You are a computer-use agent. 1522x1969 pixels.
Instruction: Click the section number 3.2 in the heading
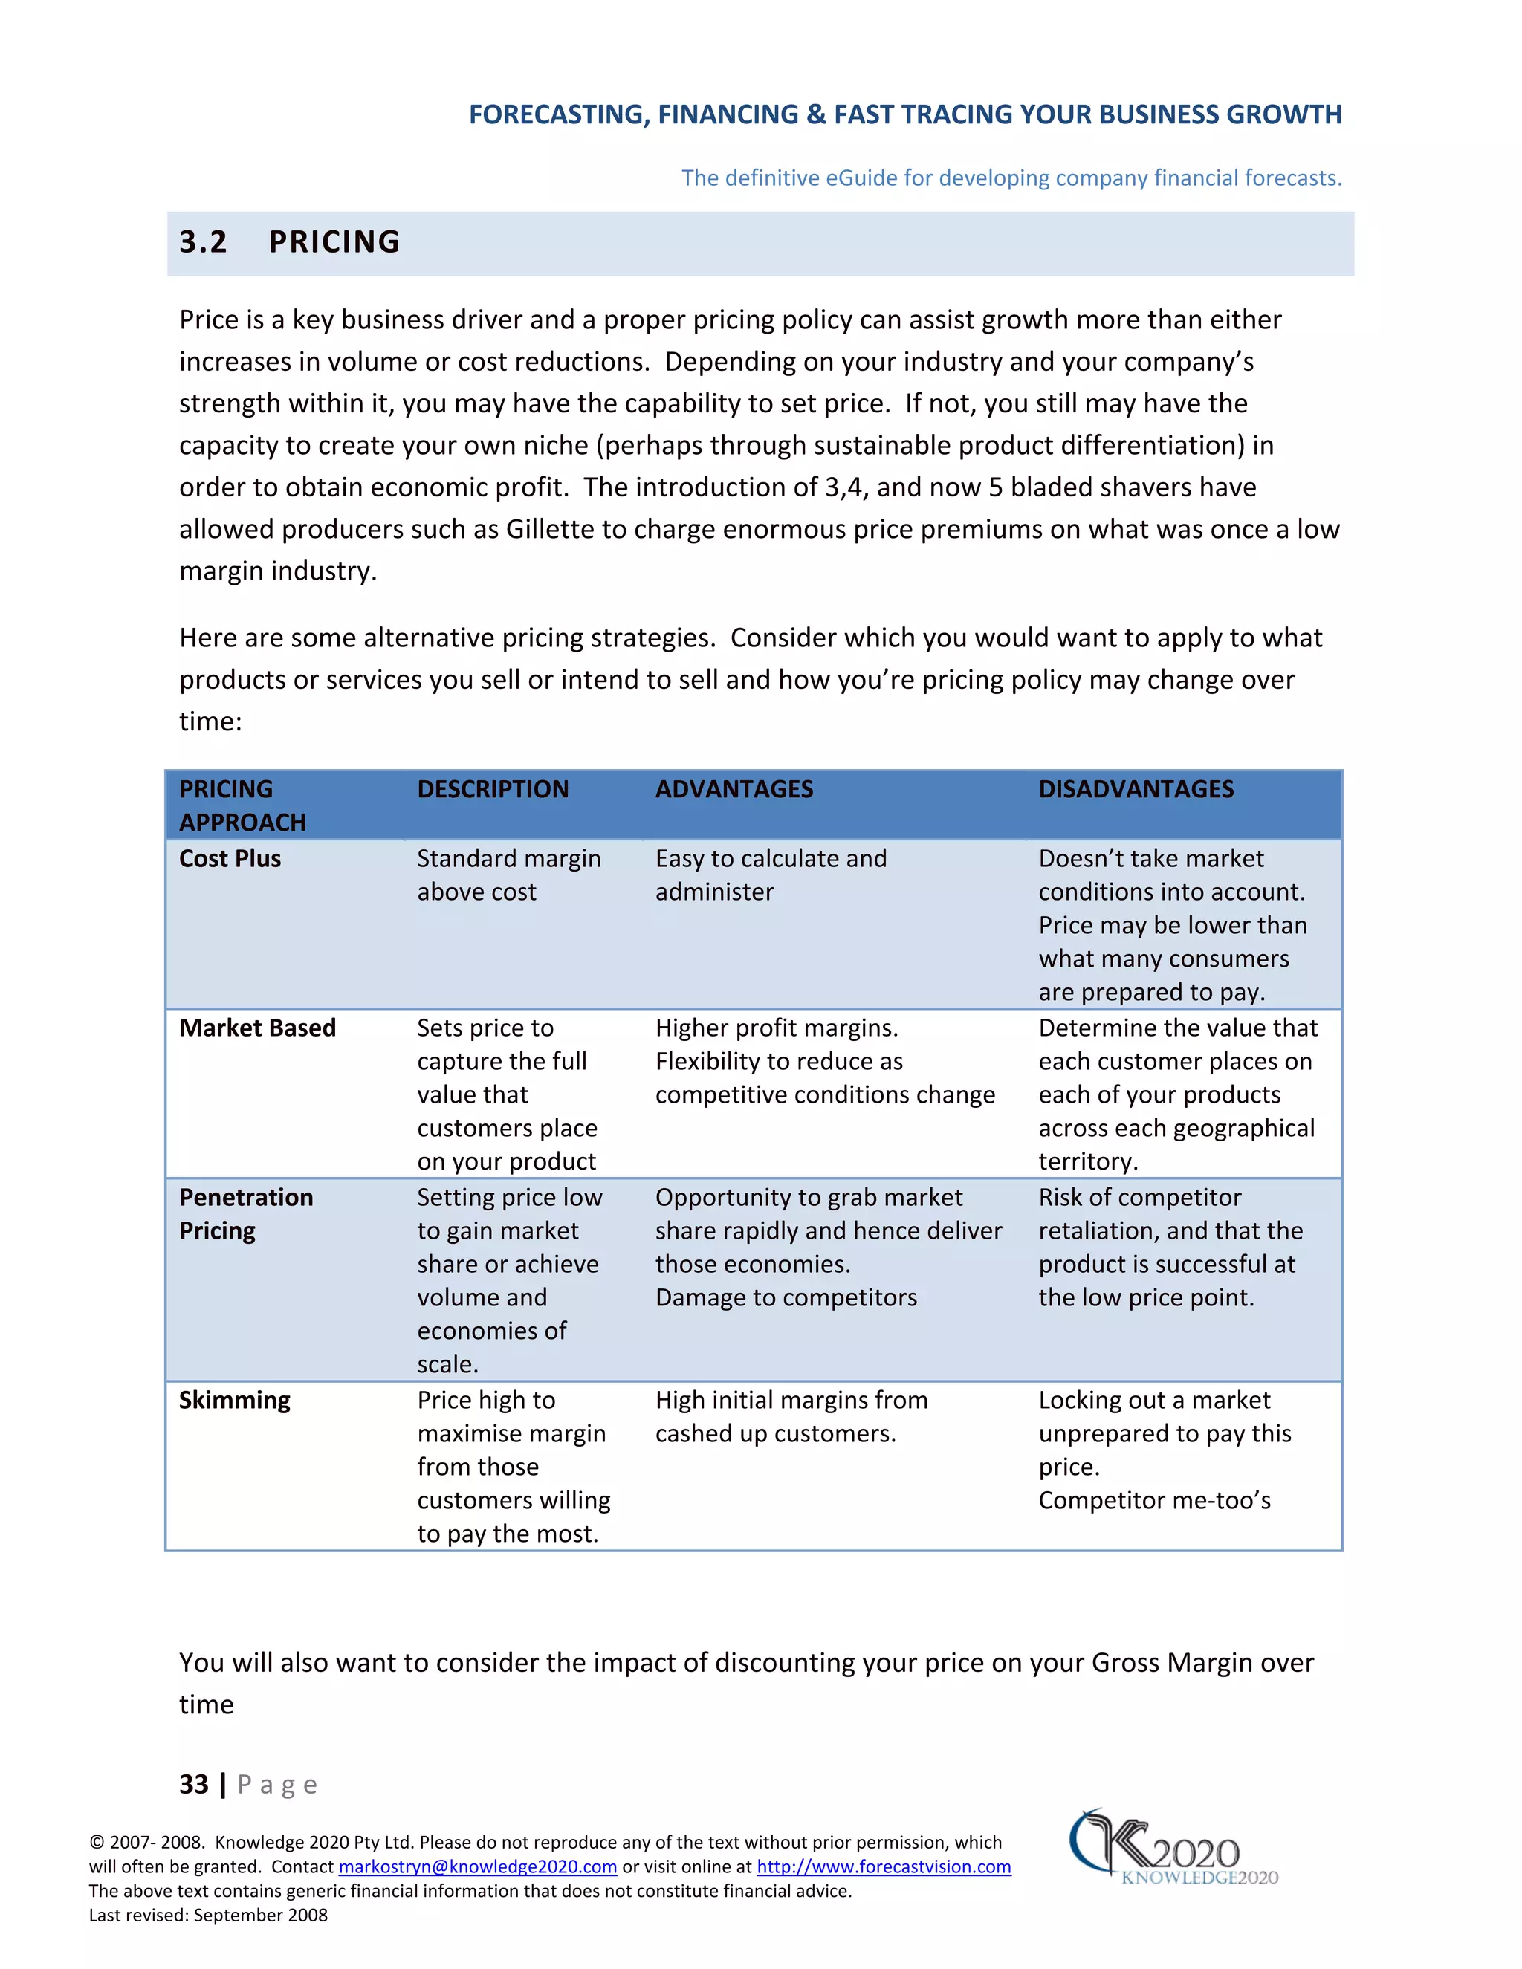(x=203, y=241)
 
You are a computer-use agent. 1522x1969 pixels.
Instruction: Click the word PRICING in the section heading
(x=334, y=241)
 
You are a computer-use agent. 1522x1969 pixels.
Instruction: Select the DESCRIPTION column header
(x=492, y=789)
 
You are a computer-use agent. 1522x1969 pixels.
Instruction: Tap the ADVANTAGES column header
(x=734, y=789)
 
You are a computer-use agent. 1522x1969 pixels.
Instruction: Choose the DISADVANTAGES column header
(x=1136, y=789)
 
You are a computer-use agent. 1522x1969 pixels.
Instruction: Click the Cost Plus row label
(x=230, y=858)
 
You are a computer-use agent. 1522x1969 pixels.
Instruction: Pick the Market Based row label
(x=257, y=1028)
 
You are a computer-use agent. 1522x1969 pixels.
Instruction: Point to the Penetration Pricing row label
(x=245, y=1213)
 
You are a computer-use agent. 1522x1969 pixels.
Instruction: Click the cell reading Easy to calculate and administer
(x=771, y=875)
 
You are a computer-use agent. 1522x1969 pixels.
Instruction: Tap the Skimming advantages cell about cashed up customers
(x=791, y=1416)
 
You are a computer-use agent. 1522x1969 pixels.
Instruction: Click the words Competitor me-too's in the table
(x=1154, y=1500)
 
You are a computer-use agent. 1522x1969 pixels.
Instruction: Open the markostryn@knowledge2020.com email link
(x=477, y=1866)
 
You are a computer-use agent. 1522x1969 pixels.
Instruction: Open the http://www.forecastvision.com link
(x=884, y=1866)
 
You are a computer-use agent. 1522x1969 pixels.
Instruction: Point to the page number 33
(x=194, y=1784)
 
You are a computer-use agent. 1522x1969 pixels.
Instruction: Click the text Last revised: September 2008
(x=208, y=1915)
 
